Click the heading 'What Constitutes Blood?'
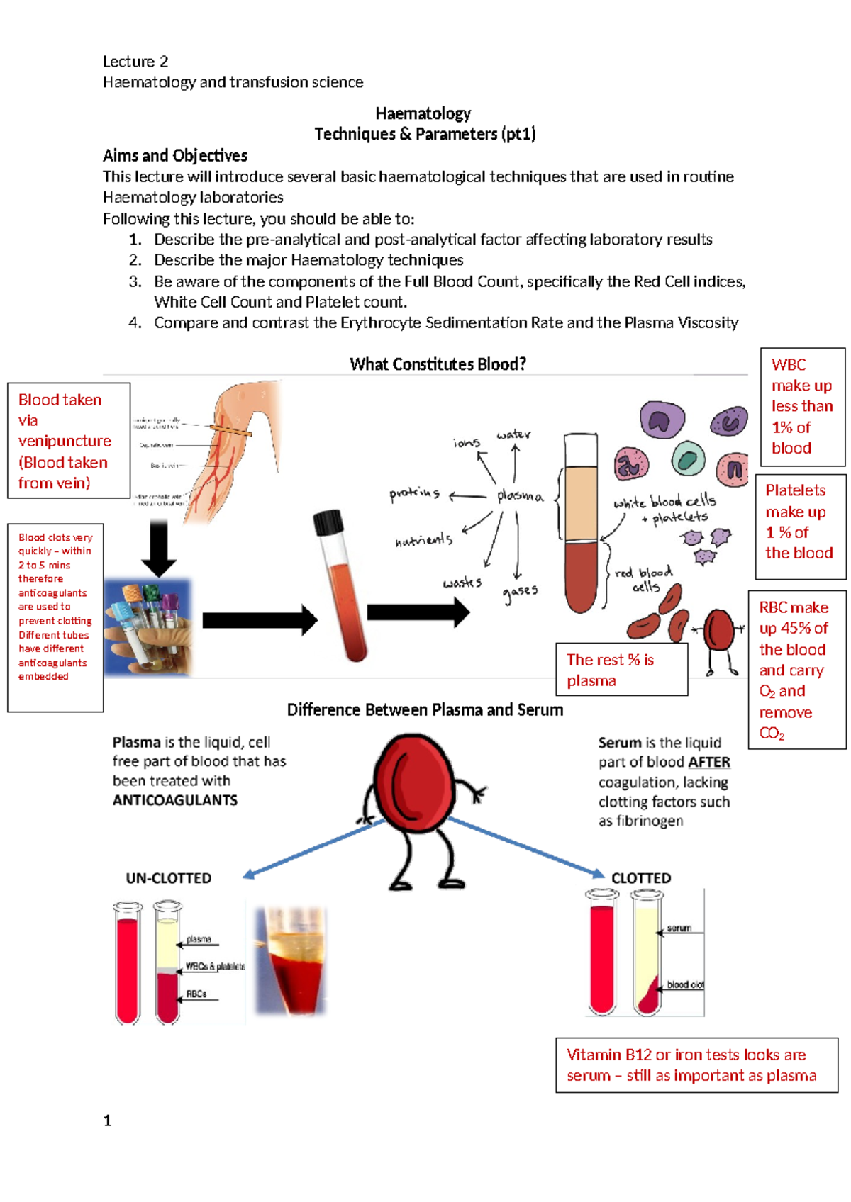(438, 364)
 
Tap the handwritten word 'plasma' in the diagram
(520, 495)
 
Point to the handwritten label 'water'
(513, 434)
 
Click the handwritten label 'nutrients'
(423, 540)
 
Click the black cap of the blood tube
(328, 522)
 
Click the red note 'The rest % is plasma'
(621, 670)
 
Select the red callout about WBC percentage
(802, 406)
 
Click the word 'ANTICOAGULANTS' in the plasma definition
(175, 800)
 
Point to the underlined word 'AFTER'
(708, 762)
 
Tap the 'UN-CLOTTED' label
(169, 878)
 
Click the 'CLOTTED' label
(641, 878)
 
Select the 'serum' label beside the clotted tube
(679, 928)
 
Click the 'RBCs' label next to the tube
(196, 994)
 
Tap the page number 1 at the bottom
(107, 1120)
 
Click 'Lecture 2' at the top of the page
(135, 62)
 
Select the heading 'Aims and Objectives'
(175, 156)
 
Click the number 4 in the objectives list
(135, 323)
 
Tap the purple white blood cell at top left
(662, 420)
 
